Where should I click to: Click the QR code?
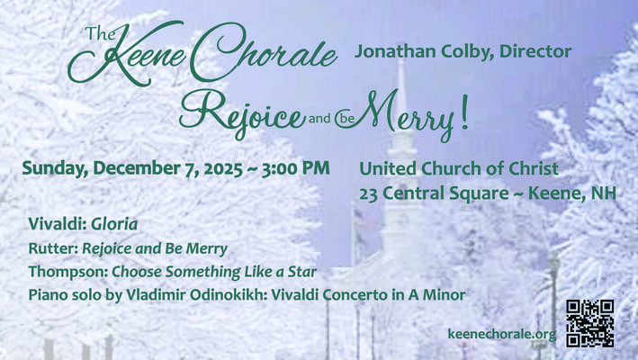pos(590,323)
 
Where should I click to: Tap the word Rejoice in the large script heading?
pos(238,115)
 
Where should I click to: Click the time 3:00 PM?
pos(293,168)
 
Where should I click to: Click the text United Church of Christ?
pos(459,168)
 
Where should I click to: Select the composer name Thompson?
pos(61,270)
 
